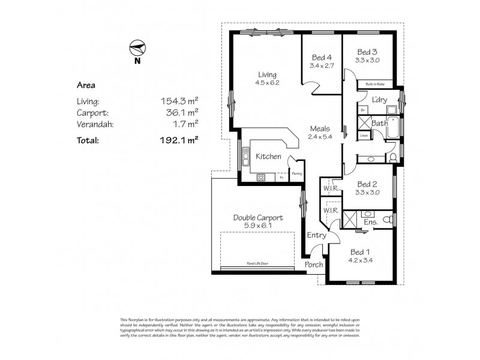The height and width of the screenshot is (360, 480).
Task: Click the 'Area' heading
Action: click(x=86, y=85)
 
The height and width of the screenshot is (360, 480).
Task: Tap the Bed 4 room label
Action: click(x=320, y=58)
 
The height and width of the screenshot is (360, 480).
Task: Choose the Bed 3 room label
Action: click(x=367, y=52)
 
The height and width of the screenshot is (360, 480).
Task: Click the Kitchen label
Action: click(x=268, y=157)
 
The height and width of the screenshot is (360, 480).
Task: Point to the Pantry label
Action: click(x=296, y=174)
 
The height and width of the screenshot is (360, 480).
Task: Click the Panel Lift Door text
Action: click(x=256, y=263)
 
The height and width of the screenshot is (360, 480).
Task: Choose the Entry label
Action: click(x=316, y=235)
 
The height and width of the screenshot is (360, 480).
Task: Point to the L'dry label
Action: click(x=378, y=100)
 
